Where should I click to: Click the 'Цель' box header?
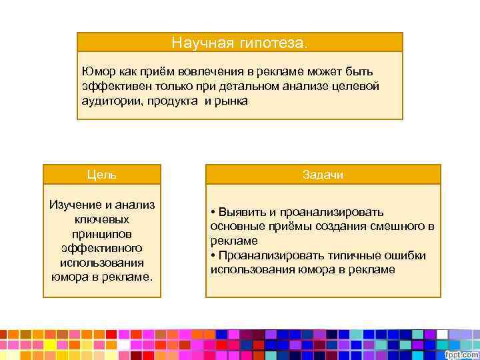tap(102, 175)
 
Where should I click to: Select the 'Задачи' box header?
tap(323, 175)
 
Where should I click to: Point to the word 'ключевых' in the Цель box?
tap(102, 219)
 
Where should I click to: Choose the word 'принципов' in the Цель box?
tap(102, 233)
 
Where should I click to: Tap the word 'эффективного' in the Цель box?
tap(102, 248)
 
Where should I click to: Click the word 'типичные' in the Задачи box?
tap(347, 255)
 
